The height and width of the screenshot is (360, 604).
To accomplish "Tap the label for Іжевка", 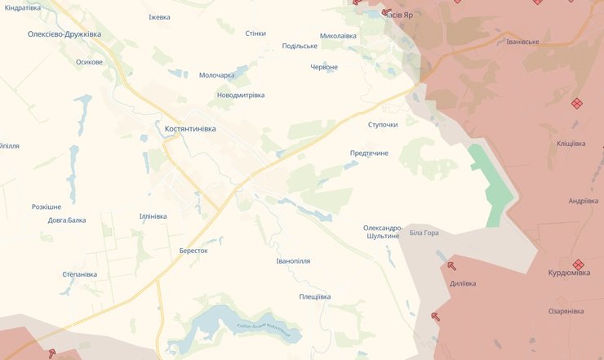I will [159, 17].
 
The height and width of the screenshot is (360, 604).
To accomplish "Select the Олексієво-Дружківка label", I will [64, 33].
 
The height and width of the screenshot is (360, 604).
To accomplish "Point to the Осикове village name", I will [89, 62].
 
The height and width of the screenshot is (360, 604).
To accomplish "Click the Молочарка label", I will [216, 75].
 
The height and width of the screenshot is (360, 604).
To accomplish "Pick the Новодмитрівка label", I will [241, 95].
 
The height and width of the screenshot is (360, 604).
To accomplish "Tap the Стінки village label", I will [255, 33].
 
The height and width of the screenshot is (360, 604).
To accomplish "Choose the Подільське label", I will [299, 46].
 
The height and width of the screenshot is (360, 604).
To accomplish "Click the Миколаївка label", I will [338, 36].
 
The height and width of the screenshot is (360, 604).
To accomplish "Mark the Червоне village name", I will [324, 67].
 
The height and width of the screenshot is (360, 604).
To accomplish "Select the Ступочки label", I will [383, 124].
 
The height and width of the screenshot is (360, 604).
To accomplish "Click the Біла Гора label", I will [424, 233].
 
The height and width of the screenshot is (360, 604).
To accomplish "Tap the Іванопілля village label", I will [293, 261].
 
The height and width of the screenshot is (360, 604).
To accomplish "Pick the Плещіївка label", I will [314, 296].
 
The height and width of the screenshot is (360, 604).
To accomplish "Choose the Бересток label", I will [193, 251].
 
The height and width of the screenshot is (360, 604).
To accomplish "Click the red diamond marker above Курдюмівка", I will [578, 264].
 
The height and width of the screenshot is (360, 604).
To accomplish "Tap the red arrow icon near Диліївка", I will [451, 264].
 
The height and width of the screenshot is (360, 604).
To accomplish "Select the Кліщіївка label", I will [571, 144].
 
